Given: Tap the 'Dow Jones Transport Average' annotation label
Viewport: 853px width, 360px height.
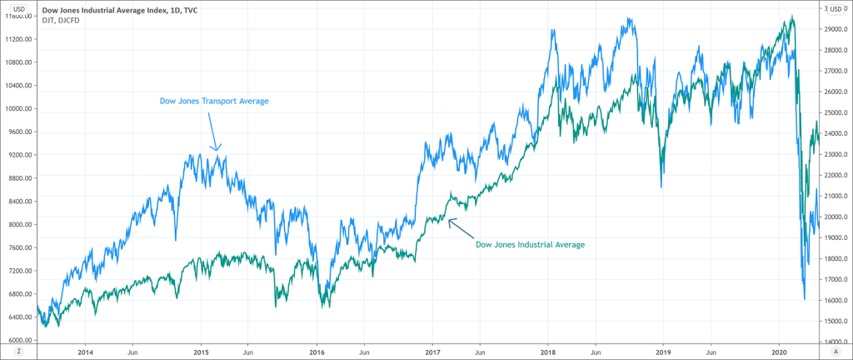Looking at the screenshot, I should coord(214,102).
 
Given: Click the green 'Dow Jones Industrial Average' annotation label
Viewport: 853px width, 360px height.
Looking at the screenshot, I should coord(529,245).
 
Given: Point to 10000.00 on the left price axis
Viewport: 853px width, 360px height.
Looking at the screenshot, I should coord(18,108).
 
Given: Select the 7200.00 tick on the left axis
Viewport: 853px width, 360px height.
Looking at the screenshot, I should coord(18,271).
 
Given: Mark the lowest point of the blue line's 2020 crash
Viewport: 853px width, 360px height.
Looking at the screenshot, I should coord(804,299).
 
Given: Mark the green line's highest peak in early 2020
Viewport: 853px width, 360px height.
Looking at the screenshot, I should coord(791,16).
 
